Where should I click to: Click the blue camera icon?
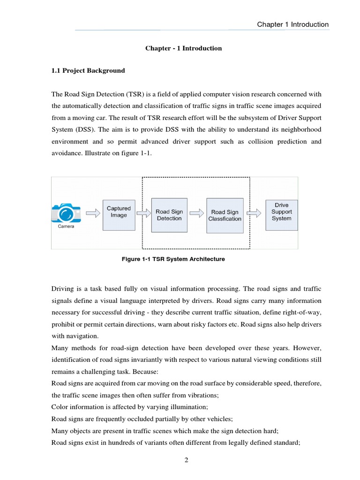pyautogui.click(x=66, y=212)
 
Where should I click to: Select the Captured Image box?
pyautogui.click(x=119, y=212)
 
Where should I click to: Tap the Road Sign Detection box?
pyautogui.click(x=169, y=215)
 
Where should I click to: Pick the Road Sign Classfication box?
pyautogui.click(x=225, y=215)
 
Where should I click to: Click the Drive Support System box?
pyautogui.click(x=281, y=212)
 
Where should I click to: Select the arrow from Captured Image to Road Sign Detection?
pyautogui.click(x=142, y=213)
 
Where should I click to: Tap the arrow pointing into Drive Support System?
pyautogui.click(x=255, y=213)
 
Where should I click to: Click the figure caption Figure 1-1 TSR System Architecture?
pyautogui.click(x=173, y=259)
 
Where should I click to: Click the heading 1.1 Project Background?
pyautogui.click(x=88, y=71)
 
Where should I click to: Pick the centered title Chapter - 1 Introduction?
pyautogui.click(x=183, y=48)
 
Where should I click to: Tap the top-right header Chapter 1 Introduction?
pyautogui.click(x=292, y=24)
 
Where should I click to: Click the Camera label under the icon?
pyautogui.click(x=66, y=226)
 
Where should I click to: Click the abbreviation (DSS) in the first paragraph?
pyautogui.click(x=84, y=129)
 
